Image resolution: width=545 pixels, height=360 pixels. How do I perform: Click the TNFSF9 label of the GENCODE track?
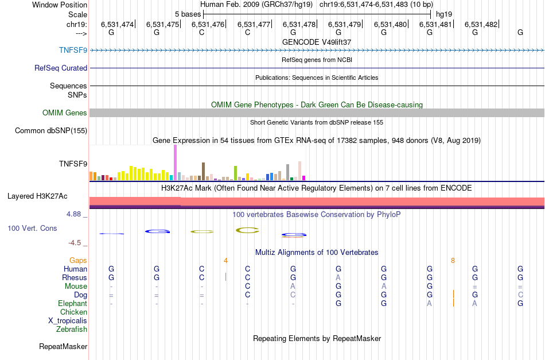73,50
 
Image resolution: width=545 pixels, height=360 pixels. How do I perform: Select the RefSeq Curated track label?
61,68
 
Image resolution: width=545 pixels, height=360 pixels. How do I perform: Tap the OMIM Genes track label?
65,113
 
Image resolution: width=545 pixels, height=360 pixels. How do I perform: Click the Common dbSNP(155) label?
51,131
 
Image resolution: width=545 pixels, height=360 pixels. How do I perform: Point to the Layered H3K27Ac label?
37,196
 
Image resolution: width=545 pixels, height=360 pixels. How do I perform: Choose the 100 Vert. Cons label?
32,229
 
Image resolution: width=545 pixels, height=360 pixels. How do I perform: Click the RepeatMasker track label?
63,347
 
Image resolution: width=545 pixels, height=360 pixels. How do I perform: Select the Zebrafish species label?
72,330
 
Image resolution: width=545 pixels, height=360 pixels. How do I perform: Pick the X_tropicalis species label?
68,321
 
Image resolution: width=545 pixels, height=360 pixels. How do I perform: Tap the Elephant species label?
72,304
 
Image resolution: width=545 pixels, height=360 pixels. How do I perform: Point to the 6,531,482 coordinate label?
481,25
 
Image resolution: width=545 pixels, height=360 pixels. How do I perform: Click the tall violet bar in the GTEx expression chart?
175,162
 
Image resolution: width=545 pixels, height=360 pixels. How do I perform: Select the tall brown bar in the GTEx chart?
203,171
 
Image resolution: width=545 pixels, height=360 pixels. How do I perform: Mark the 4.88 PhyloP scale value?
76,214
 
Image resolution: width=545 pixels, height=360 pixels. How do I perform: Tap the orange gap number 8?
453,260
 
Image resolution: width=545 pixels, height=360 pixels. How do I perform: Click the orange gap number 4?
225,260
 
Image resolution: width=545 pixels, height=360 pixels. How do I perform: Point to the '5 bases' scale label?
188,14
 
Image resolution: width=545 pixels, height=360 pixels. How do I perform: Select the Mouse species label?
76,287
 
